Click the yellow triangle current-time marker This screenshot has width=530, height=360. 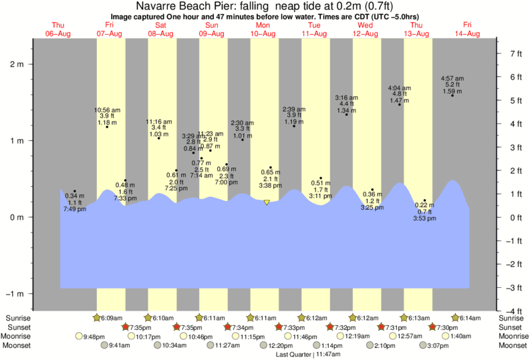[267, 202]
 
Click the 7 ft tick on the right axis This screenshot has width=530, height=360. [515, 53]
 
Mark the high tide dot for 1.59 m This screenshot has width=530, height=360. [452, 96]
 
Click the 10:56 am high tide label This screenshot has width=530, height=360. [107, 109]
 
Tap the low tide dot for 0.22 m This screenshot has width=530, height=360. [424, 200]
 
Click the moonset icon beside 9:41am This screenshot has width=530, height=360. [104, 345]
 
